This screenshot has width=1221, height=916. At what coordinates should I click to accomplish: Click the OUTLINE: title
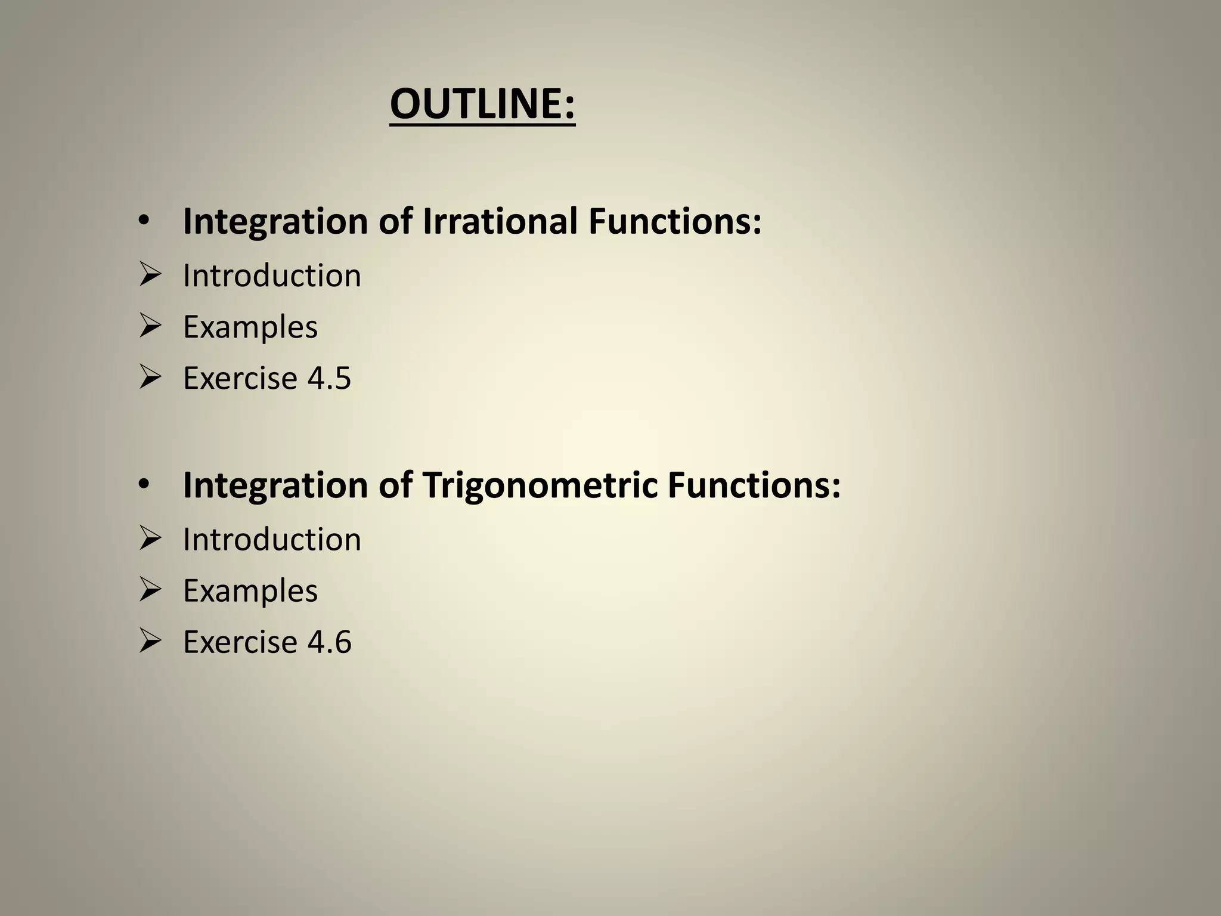(x=482, y=104)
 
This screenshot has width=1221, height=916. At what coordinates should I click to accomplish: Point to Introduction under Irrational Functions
(x=272, y=276)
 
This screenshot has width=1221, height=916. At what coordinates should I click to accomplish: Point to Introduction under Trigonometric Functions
(x=272, y=540)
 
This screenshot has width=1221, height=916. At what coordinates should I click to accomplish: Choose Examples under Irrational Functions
(x=250, y=327)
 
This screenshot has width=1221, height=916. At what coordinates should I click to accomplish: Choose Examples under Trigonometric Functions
(x=250, y=591)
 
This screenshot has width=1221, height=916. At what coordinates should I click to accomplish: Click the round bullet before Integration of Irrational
(x=144, y=222)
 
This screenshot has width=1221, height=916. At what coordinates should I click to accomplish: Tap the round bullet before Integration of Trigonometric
(x=144, y=485)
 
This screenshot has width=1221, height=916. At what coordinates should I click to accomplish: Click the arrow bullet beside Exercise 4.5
(x=150, y=377)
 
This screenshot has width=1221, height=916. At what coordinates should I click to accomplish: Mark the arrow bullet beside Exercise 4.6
(x=150, y=642)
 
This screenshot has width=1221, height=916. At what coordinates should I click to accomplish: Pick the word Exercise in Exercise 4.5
(x=240, y=378)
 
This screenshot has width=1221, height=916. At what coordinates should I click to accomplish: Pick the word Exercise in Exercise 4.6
(x=240, y=642)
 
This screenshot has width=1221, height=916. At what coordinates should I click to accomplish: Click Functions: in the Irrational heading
(x=675, y=221)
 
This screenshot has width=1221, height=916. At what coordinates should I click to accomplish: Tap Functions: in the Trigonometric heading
(x=754, y=485)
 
